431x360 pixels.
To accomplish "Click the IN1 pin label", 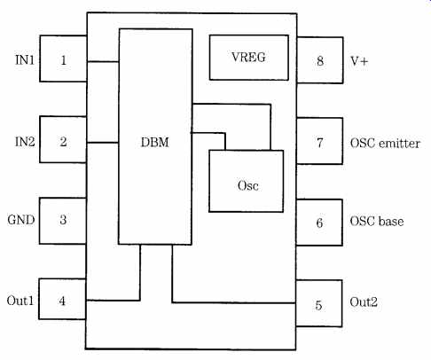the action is click(x=25, y=60).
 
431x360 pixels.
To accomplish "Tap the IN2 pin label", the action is click(x=25, y=142).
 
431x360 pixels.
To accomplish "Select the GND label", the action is click(x=21, y=220).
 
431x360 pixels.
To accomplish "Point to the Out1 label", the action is click(x=20, y=301).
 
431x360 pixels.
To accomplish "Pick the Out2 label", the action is click(x=364, y=302).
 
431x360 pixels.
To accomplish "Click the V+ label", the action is click(x=359, y=61).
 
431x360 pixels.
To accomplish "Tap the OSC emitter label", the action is click(x=385, y=144).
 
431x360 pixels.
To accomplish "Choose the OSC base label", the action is click(x=377, y=222).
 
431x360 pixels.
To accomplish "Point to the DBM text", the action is click(x=155, y=143).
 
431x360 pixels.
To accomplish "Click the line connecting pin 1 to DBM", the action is click(x=103, y=61).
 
